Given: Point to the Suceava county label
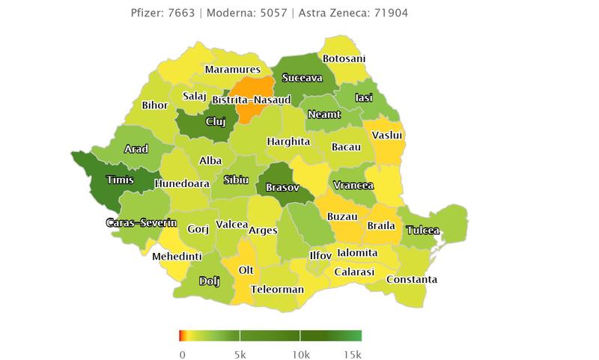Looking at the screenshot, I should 302,78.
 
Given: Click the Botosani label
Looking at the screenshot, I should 344,58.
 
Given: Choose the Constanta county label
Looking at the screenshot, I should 411,280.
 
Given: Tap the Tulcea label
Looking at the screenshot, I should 423,231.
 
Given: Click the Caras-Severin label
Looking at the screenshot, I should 141,223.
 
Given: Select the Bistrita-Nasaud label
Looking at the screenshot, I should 230,100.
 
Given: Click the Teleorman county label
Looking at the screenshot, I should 278,289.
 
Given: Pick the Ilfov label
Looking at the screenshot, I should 320,255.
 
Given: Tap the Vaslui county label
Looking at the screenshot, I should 388,135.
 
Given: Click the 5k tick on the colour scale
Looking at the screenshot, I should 240,353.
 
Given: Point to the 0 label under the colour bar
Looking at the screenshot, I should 182,353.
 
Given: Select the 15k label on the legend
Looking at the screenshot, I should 352,353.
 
